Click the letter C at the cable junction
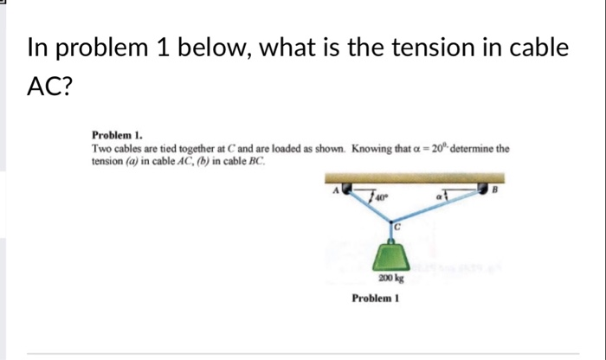pyautogui.click(x=398, y=227)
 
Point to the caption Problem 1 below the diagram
pyautogui.click(x=374, y=299)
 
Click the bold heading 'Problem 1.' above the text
pyautogui.click(x=117, y=136)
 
